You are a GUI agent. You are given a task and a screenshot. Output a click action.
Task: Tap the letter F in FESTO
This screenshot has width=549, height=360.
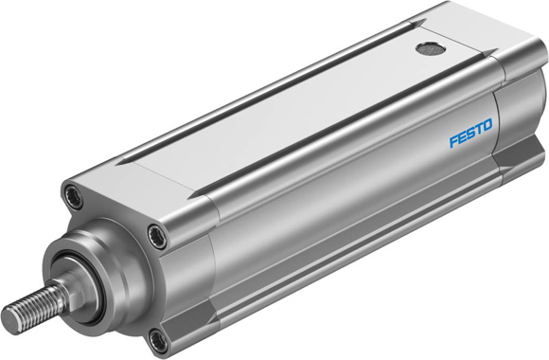point(453,142)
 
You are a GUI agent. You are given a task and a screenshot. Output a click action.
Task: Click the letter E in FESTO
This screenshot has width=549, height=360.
point(463,139)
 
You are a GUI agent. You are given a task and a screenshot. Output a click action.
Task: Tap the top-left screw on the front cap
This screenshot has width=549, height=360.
point(71,196)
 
